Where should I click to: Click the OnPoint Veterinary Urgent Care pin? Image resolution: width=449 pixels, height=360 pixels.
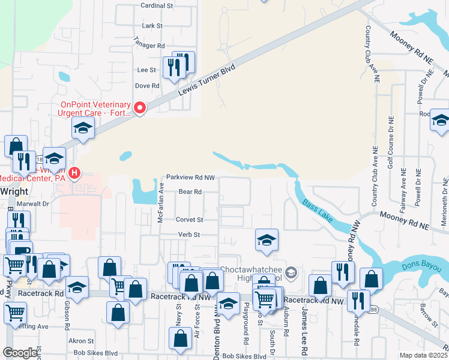pyautogui.click(x=140, y=108)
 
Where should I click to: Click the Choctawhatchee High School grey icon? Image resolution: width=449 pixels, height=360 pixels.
pyautogui.click(x=291, y=273)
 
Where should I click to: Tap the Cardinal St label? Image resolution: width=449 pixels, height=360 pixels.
pyautogui.click(x=157, y=5)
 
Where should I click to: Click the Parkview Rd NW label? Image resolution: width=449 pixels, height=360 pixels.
pyautogui.click(x=190, y=178)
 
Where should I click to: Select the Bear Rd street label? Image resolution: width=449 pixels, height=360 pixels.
pyautogui.click(x=189, y=192)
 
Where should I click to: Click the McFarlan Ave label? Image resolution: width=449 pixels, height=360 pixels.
pyautogui.click(x=161, y=203)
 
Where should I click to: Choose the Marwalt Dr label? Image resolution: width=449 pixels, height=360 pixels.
pyautogui.click(x=33, y=203)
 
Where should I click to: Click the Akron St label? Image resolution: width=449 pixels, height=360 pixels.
pyautogui.click(x=77, y=340)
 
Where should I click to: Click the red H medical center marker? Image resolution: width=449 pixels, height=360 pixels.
pyautogui.click(x=74, y=174)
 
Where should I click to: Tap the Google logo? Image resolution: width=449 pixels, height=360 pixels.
pyautogui.click(x=20, y=353)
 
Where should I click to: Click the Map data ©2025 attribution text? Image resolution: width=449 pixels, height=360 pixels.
pyautogui.click(x=423, y=355)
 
